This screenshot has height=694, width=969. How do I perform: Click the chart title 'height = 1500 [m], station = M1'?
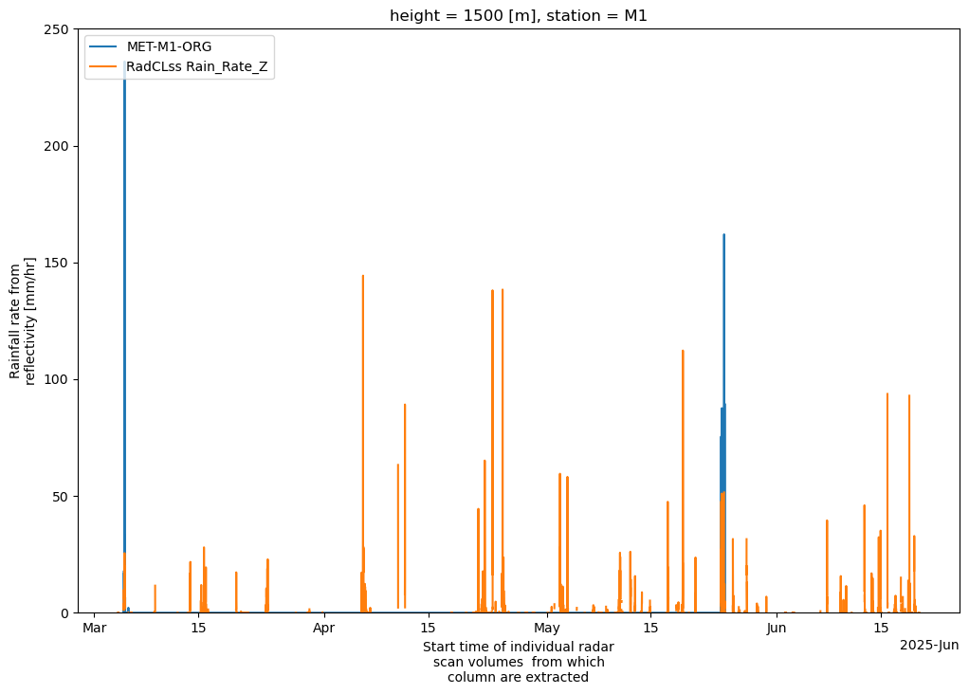tap(519, 15)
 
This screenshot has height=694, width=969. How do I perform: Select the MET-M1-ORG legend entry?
tap(169, 47)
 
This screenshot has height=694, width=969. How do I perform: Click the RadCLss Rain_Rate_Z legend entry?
tap(200, 65)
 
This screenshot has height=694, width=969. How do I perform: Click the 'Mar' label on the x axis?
tap(94, 628)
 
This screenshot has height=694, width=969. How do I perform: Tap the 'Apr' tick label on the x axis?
tap(324, 628)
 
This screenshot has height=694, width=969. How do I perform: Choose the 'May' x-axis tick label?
tap(547, 628)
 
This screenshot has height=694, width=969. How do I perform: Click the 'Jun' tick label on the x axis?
tap(777, 628)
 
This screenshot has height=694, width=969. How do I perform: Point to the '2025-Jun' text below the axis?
tap(929, 646)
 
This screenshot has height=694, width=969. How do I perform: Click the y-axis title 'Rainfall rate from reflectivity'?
tap(23, 321)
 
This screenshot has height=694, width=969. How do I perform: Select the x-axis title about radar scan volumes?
tap(518, 662)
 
